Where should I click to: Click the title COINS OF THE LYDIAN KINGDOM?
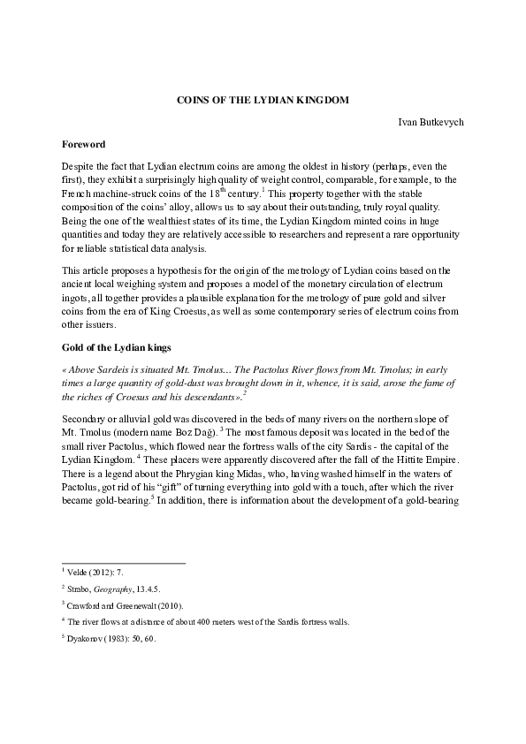click(263, 100)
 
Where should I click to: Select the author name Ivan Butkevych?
click(431, 121)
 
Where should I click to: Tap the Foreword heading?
click(84, 143)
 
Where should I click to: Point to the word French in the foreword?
click(80, 194)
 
